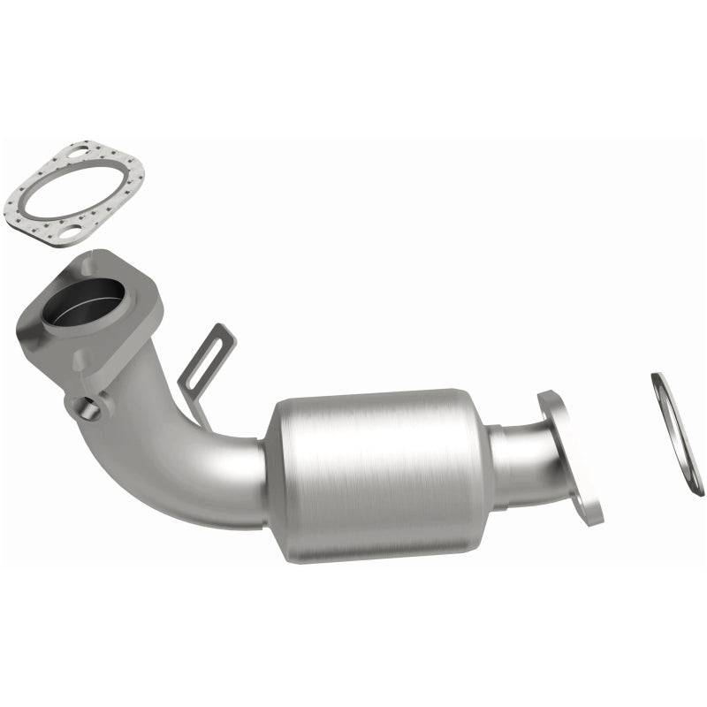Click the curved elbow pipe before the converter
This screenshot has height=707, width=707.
click(x=190, y=460)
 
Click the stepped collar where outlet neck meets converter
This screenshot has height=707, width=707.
click(x=499, y=464)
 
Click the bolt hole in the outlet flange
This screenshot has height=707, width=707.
click(x=585, y=511)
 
